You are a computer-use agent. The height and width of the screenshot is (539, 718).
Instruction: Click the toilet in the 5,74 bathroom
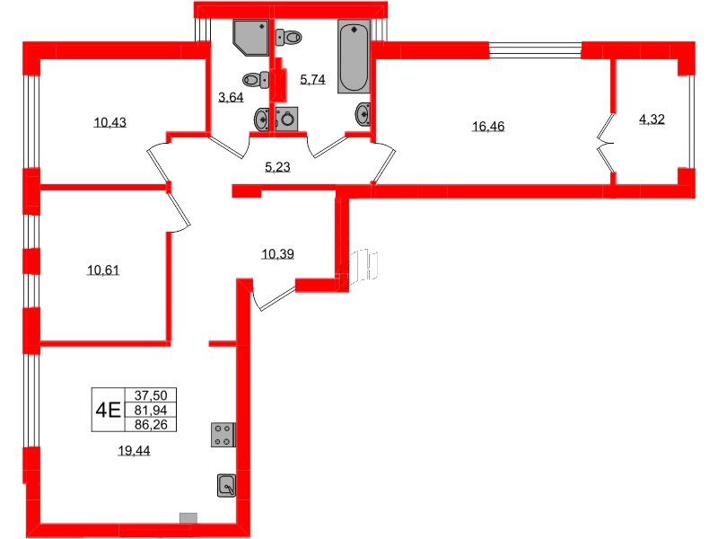coord(289,37)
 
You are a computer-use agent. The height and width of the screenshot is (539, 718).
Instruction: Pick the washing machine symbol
coord(286,119)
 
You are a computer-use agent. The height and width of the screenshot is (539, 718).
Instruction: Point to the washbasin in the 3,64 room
coord(261,118)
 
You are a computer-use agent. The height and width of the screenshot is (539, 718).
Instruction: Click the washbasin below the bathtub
coord(363,114)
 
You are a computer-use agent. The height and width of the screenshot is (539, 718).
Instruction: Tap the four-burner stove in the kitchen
coord(222,435)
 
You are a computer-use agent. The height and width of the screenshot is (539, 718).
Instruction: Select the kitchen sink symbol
coord(226,486)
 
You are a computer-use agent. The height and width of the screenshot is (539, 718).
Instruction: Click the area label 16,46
coord(489,127)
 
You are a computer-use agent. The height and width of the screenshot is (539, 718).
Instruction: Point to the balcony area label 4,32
coord(652,119)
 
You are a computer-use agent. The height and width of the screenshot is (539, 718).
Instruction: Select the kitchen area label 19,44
coord(134,452)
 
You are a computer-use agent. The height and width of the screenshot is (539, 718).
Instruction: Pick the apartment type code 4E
coord(109,411)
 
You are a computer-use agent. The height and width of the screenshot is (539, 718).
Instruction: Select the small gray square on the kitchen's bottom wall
coord(188,517)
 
